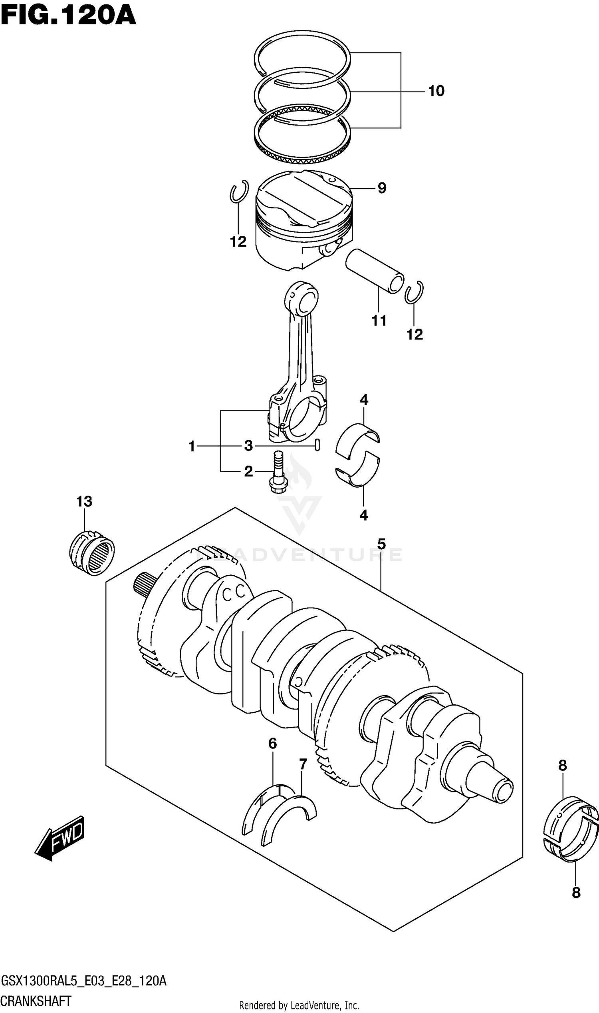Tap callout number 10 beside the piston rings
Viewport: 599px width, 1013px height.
(436, 91)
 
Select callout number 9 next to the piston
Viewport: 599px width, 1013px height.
(382, 188)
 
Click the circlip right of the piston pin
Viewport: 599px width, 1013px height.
(414, 292)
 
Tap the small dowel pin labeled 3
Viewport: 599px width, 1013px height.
(317, 445)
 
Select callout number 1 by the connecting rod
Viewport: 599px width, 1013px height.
(192, 447)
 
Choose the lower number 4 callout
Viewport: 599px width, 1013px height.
(364, 516)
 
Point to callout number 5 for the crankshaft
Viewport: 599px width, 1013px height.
(381, 545)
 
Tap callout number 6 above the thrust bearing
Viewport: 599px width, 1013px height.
(273, 744)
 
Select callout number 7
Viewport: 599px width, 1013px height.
(303, 764)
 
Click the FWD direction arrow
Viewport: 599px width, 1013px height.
(61, 838)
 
